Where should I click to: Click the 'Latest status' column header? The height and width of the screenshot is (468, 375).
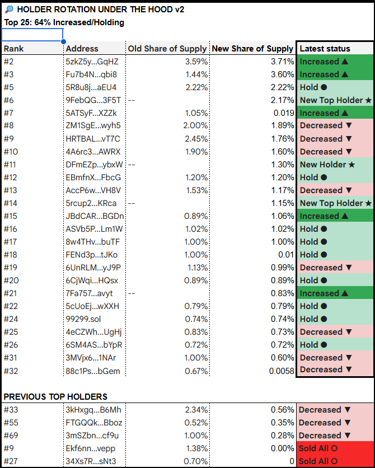(325, 49)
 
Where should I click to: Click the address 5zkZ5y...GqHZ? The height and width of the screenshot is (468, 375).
(92, 62)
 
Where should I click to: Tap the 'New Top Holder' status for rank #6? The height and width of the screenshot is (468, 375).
(335, 100)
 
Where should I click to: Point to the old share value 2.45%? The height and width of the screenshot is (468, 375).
(196, 139)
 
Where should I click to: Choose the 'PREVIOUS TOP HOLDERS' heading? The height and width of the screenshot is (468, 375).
(55, 397)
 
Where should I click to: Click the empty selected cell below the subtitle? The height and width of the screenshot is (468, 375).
(32, 35)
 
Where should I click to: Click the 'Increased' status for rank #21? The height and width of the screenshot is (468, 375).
(324, 293)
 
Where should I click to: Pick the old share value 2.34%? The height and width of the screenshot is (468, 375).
(196, 410)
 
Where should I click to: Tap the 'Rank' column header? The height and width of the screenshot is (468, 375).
(14, 49)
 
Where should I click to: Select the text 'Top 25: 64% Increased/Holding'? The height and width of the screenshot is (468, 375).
(64, 22)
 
